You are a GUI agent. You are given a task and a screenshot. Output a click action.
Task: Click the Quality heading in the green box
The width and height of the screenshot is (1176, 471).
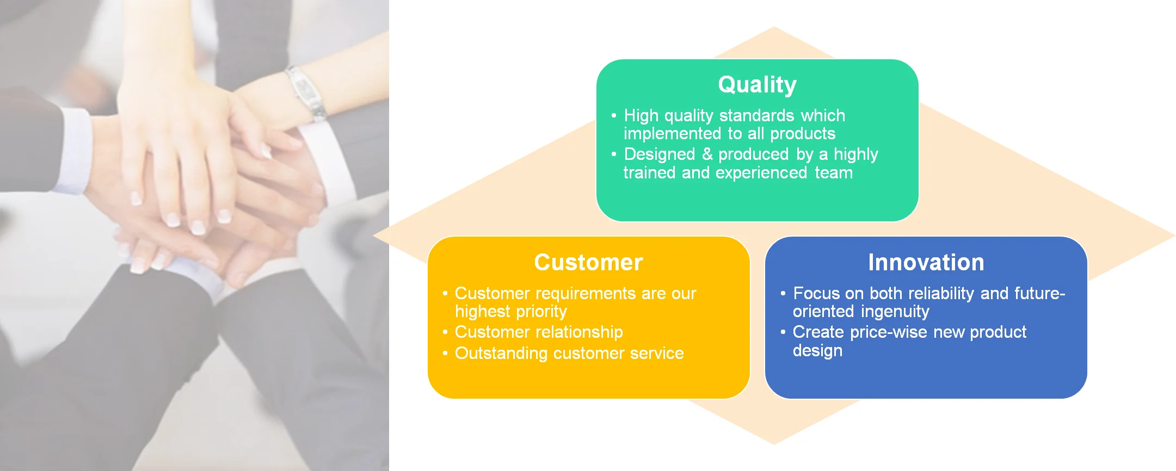757,85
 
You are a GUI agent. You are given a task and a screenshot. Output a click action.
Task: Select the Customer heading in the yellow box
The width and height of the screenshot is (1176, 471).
588,262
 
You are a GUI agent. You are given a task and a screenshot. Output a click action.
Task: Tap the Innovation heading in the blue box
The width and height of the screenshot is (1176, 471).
926,262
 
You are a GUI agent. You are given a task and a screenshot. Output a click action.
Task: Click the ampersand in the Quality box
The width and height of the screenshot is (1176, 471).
707,154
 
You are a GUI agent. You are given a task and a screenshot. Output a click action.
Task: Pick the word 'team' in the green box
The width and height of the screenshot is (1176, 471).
834,173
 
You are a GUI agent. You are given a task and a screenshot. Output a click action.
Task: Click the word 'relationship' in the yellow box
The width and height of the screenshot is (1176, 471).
581,332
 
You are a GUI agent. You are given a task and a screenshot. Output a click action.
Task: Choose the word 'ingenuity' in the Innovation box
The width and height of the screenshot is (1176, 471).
895,312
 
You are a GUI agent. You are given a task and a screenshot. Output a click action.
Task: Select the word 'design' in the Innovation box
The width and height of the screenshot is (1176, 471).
817,351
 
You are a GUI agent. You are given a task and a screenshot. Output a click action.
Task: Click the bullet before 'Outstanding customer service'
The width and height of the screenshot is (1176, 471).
445,353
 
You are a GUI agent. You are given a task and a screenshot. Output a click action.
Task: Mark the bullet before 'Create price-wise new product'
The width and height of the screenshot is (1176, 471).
783,332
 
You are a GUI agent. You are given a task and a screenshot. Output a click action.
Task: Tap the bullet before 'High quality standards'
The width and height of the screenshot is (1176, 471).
614,115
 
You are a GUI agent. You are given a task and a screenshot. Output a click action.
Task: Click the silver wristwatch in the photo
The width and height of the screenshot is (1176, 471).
306,92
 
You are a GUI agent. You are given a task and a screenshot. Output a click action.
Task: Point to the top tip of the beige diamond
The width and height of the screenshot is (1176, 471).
774,27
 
